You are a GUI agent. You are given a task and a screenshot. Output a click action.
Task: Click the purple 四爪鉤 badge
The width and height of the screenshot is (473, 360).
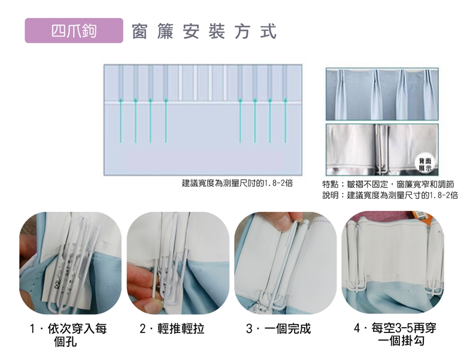click(74, 31)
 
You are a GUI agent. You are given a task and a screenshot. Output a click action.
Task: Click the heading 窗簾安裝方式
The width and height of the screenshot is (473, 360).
click(204, 31)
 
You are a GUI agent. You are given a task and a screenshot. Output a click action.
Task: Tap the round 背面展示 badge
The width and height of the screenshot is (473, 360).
click(425, 164)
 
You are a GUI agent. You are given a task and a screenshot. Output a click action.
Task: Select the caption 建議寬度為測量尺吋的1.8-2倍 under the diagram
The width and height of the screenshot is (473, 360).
click(237, 183)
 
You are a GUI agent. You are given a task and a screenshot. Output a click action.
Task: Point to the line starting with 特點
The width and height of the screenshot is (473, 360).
click(388, 184)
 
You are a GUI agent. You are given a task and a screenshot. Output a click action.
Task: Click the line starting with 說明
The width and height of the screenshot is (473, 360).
click(390, 195)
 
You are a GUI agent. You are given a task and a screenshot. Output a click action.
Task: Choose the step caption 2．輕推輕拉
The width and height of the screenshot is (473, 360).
click(172, 329)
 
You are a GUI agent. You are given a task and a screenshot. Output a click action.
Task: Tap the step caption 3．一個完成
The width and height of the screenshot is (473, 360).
click(278, 329)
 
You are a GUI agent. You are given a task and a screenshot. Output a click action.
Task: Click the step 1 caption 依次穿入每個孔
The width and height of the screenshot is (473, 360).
click(68, 335)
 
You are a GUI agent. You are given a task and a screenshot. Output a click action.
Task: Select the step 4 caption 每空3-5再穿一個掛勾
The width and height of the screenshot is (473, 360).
click(395, 334)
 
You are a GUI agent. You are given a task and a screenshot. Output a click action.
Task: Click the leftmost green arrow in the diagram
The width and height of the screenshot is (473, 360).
click(121, 120)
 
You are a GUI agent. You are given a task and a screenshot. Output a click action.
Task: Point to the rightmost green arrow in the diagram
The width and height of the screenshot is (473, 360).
click(285, 120)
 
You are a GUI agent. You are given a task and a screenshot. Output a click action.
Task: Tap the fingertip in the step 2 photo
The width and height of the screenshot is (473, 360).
click(153, 305)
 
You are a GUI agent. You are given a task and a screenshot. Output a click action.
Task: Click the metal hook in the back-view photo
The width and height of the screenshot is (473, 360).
click(381, 149)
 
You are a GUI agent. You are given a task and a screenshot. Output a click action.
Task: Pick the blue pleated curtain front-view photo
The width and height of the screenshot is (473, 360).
click(382, 94)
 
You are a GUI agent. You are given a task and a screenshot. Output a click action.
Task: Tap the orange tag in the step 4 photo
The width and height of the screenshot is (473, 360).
click(422, 217)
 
